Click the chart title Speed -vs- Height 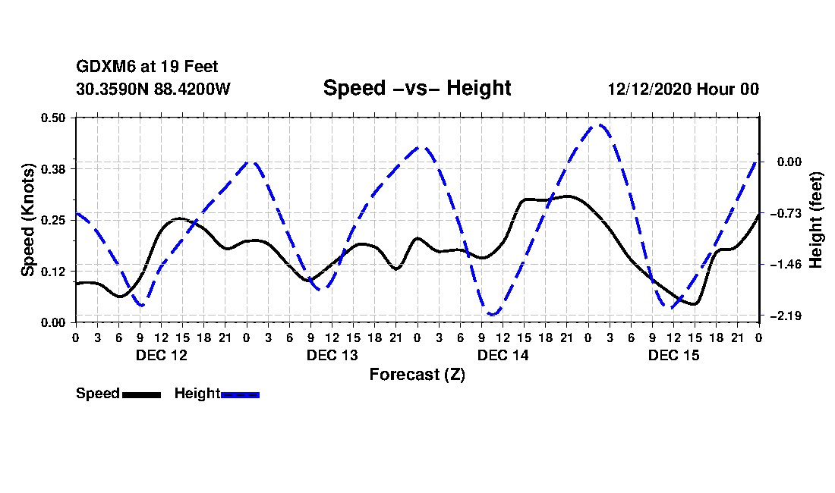[x=417, y=88]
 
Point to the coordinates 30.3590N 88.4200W [x=153, y=89]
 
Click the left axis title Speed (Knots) [x=28, y=219]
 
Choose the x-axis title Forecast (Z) [x=417, y=374]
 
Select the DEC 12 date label [x=161, y=355]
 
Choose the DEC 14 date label [x=503, y=355]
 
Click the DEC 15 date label [x=673, y=355]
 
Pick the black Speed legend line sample [x=141, y=394]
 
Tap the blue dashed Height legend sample [x=240, y=394]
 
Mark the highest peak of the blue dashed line [x=600, y=125]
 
